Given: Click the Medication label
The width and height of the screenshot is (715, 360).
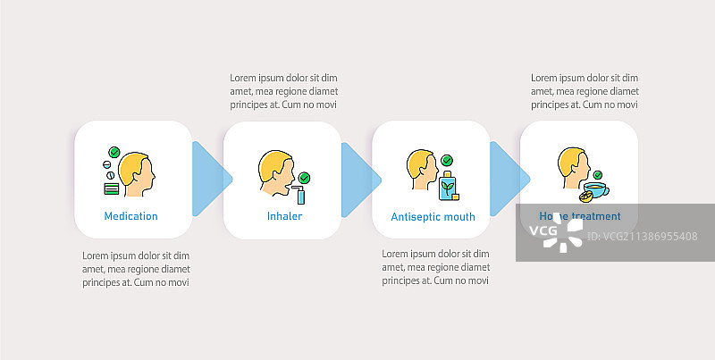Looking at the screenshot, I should [130, 216].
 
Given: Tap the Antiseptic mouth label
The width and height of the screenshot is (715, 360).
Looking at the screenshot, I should [433, 216].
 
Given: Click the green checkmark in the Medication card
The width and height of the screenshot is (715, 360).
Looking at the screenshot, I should [114, 153].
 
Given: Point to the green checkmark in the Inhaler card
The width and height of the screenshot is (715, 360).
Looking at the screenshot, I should [304, 177].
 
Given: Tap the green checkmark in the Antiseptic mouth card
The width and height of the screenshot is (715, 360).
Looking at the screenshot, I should [447, 161].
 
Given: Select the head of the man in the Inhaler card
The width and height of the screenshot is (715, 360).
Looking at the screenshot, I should [275, 168].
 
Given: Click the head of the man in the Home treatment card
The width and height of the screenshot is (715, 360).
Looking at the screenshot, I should [572, 166].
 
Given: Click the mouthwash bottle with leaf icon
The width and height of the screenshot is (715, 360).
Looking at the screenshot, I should [448, 185].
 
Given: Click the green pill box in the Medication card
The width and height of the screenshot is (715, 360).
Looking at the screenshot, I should [111, 188].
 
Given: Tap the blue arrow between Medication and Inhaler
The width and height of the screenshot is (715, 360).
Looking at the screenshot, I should [212, 179].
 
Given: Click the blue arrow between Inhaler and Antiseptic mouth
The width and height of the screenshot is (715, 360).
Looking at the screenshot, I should [360, 179].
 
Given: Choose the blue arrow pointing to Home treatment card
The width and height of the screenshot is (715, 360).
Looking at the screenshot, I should [509, 179].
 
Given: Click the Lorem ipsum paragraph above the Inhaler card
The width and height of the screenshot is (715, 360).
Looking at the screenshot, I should [283, 91].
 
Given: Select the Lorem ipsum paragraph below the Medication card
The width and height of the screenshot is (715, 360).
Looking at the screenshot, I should [135, 269].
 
